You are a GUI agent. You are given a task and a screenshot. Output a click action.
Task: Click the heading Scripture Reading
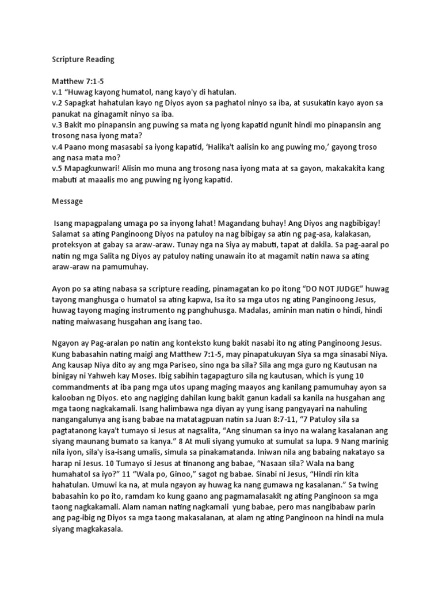point(83,59)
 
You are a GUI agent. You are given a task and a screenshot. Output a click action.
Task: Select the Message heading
point(68,202)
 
